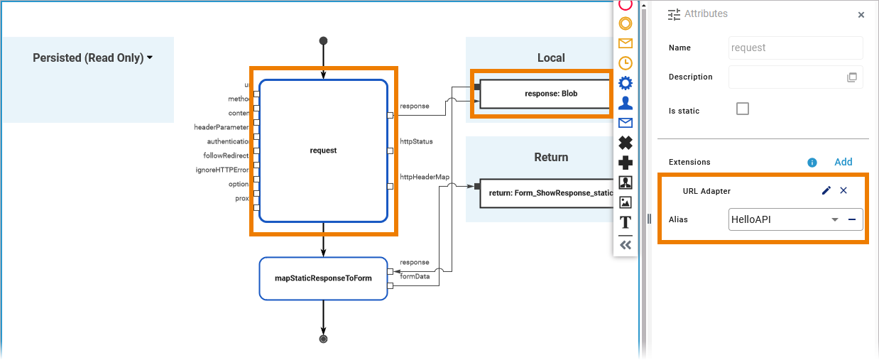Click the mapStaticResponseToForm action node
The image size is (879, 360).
pyautogui.click(x=323, y=278)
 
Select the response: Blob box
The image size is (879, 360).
pyautogui.click(x=545, y=93)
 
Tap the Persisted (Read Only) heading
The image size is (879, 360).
pyautogui.click(x=92, y=58)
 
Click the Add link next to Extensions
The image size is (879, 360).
pyautogui.click(x=843, y=162)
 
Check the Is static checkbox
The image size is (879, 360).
pyautogui.click(x=743, y=109)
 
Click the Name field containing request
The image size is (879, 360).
pyautogui.click(x=795, y=48)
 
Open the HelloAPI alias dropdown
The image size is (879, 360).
pyautogui.click(x=835, y=219)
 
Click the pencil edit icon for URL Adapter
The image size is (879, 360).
pyautogui.click(x=826, y=190)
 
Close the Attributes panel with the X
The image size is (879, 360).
pyautogui.click(x=861, y=14)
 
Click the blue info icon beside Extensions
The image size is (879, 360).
pyautogui.click(x=812, y=163)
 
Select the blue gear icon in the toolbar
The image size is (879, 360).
pyautogui.click(x=626, y=83)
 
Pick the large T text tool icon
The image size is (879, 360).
pyautogui.click(x=626, y=222)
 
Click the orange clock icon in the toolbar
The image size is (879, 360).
pyautogui.click(x=626, y=62)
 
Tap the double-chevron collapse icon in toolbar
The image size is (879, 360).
pyautogui.click(x=626, y=244)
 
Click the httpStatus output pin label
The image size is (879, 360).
pyautogui.click(x=415, y=141)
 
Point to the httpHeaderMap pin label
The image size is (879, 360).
pyautogui.click(x=425, y=177)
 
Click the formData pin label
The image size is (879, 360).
pyautogui.click(x=415, y=276)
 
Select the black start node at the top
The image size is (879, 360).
pyautogui.click(x=323, y=40)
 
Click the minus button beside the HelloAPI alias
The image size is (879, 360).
pyautogui.click(x=852, y=219)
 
